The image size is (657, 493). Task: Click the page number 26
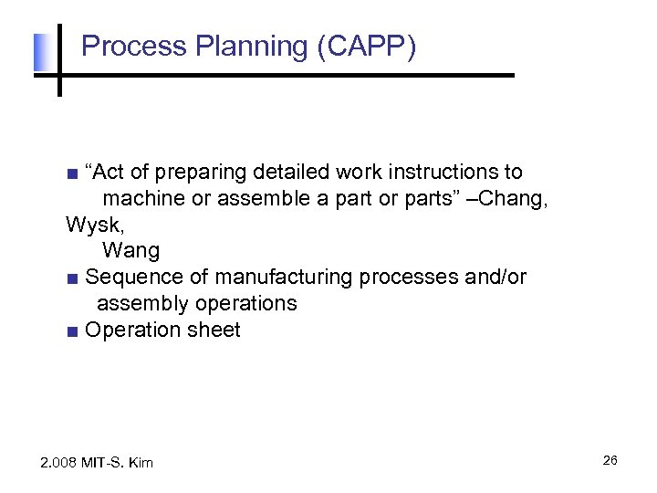[x=610, y=460]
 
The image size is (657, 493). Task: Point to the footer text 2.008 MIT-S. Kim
[x=98, y=463]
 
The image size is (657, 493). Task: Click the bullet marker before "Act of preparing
[x=73, y=173]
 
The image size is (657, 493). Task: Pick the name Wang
[x=130, y=250]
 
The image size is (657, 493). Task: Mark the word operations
[x=245, y=303]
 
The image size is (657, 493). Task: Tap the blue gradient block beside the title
[x=39, y=53]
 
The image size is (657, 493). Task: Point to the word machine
[x=141, y=198]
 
